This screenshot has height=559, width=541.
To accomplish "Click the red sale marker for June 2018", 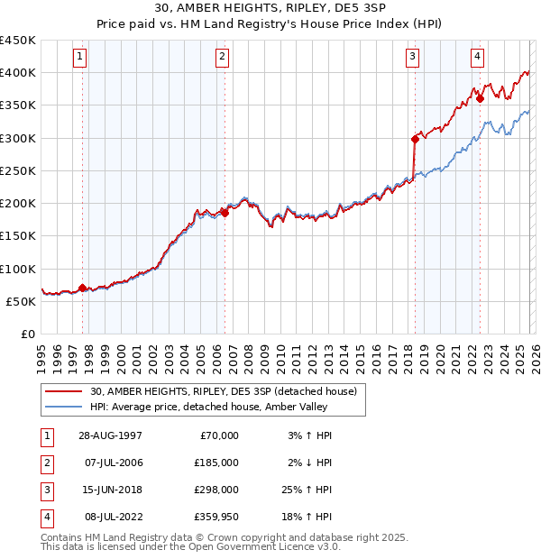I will click(x=415, y=139).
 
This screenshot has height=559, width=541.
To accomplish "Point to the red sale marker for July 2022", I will click(x=481, y=98).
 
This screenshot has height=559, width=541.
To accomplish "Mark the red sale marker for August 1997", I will click(x=83, y=289).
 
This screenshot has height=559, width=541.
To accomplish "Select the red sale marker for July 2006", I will click(x=225, y=213).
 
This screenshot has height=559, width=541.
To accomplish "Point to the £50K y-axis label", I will click(x=22, y=301).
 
